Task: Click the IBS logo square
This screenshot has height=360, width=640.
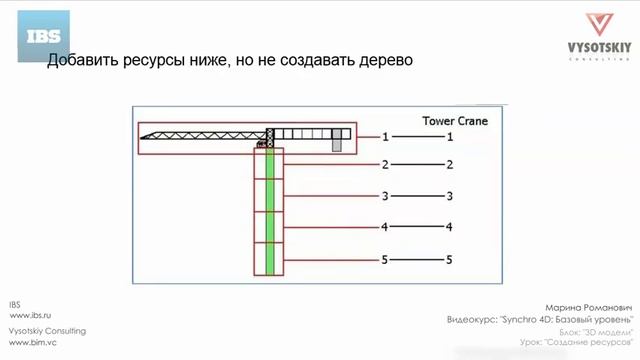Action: [x=44, y=38]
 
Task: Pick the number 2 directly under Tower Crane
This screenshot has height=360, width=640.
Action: [x=450, y=165]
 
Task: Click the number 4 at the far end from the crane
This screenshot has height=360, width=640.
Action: [x=450, y=228]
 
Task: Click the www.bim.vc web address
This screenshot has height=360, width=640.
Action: [x=30, y=342]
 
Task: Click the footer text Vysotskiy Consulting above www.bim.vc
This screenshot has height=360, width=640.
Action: [x=47, y=331]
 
